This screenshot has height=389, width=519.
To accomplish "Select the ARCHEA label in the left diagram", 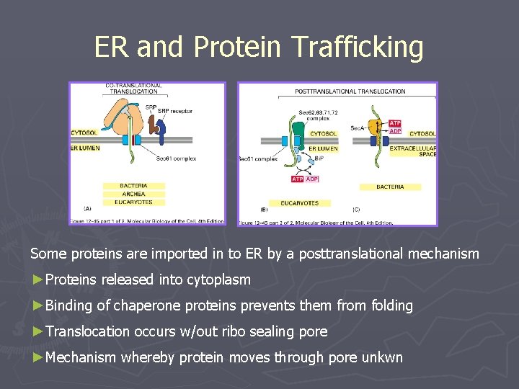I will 133,194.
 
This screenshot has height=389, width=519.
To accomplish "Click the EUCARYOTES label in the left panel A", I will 133,202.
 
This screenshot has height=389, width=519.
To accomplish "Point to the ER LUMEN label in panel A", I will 85,148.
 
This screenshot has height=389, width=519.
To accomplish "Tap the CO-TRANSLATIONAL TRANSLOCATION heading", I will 133,89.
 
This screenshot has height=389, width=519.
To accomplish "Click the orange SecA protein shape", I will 375,128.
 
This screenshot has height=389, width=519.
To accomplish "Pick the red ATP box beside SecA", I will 395,123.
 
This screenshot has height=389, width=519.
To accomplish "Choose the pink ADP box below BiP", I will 311,179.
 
